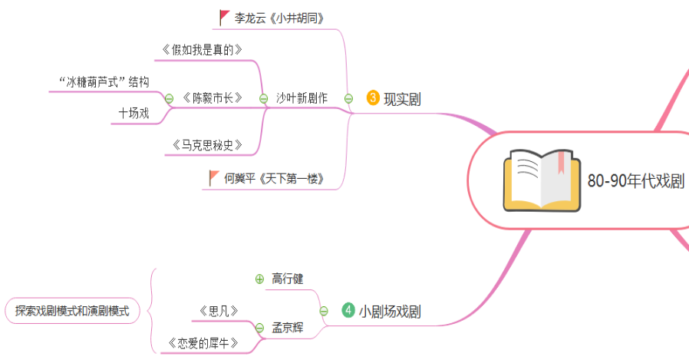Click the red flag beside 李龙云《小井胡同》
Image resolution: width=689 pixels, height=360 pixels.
coord(224,16)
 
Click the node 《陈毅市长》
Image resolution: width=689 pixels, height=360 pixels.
coord(213,98)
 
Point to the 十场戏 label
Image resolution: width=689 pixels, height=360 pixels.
coord(134,114)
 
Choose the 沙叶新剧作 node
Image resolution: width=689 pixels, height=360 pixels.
coord(302,98)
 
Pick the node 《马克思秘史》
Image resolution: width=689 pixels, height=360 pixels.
coord(207,144)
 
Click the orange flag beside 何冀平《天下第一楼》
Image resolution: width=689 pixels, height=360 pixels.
coord(215,178)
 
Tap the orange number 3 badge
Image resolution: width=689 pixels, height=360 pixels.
coord(374,97)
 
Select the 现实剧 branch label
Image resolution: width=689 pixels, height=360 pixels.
coord(402,98)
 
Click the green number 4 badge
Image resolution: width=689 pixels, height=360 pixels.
coord(348,310)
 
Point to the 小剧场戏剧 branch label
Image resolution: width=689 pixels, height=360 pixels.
coord(390,311)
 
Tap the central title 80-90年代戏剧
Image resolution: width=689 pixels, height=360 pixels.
coord(635,181)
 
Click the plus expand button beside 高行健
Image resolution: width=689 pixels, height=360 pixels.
coord(259,278)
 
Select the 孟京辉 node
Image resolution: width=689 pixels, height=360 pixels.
coord(288,328)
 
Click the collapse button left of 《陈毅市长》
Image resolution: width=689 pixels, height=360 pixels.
coord(169,98)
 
